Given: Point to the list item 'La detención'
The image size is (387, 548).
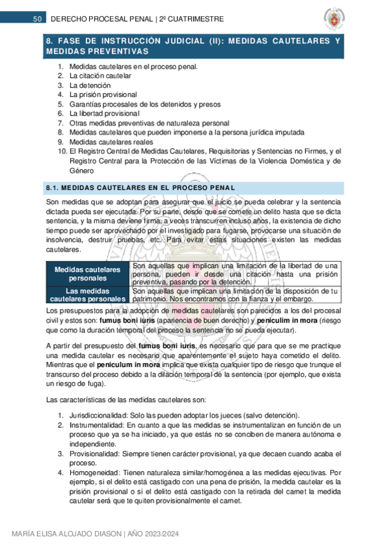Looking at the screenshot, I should (x=90, y=85).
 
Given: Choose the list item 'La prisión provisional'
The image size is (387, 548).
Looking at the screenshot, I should (x=103, y=94).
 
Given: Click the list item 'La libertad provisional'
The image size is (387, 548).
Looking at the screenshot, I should (x=104, y=113).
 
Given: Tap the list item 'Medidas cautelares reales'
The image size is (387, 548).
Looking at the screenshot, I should (x=111, y=142).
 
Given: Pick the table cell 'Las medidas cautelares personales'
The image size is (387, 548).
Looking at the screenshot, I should (x=87, y=294).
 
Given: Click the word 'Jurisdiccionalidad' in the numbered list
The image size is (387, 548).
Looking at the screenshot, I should (x=97, y=415).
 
